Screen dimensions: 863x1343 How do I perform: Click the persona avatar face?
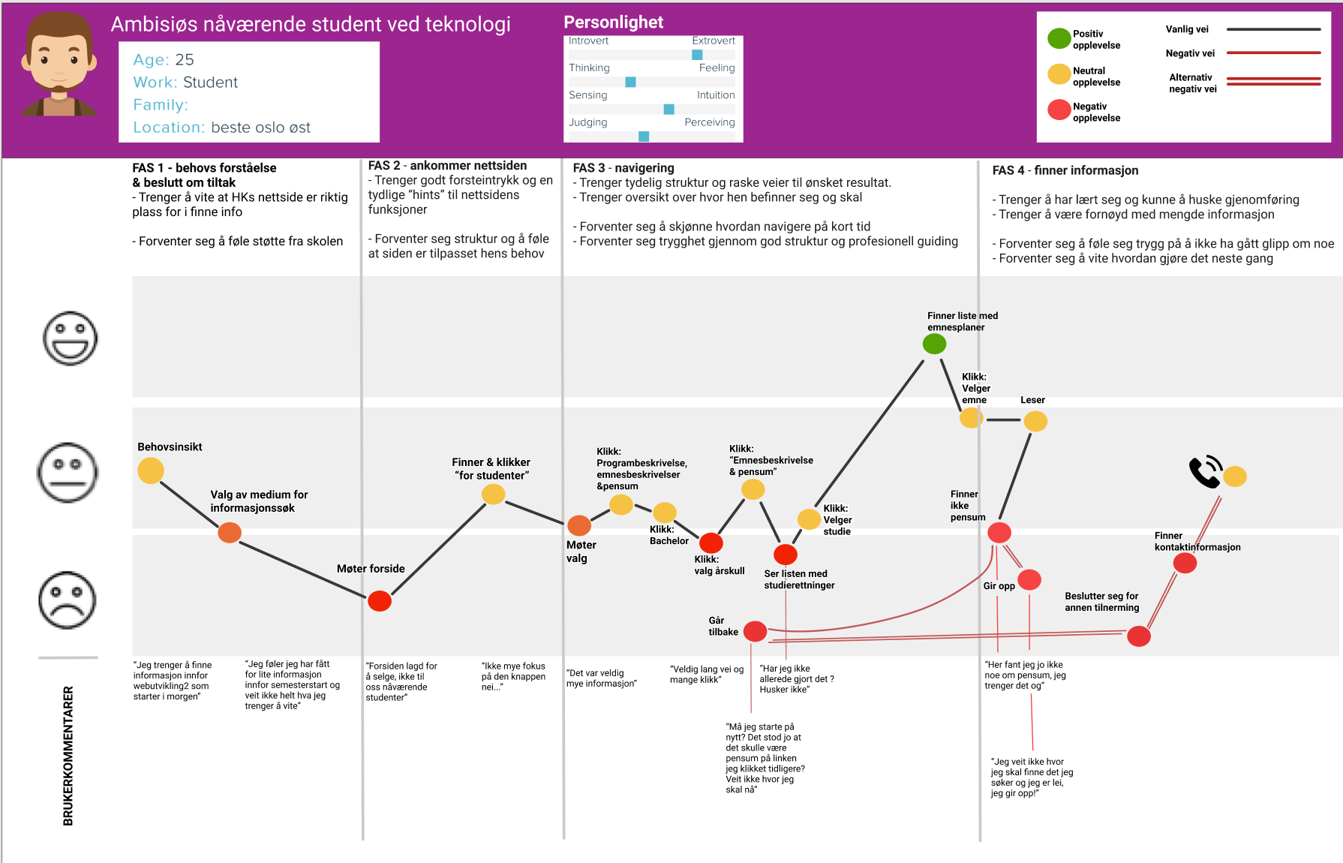point(59,64)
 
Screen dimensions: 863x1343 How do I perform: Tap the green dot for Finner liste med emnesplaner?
point(934,344)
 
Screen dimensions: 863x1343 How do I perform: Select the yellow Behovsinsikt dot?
point(151,471)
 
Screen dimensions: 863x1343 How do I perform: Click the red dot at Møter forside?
point(380,601)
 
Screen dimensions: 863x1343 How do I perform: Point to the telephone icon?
point(1206,472)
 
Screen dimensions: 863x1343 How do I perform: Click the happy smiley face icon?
point(70,338)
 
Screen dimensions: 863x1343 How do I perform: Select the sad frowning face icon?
point(68,600)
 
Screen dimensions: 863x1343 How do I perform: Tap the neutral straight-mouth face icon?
point(68,473)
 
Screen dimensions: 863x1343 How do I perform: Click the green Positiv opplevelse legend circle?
point(1059,38)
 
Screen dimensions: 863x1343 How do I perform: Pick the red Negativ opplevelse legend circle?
point(1059,110)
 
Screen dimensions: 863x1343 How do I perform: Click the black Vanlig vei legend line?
point(1273,29)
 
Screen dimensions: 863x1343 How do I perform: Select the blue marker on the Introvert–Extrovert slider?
point(697,55)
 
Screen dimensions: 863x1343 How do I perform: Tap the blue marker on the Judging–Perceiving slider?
point(644,137)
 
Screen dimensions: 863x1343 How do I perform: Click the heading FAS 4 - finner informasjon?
point(1065,170)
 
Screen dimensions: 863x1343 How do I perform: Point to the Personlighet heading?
point(613,23)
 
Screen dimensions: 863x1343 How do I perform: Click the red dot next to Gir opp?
point(1029,579)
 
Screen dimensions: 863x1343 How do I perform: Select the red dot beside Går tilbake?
point(755,631)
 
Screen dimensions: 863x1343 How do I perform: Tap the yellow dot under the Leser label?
point(1035,421)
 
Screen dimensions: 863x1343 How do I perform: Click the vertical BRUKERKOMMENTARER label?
point(68,756)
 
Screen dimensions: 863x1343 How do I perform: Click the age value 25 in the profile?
point(185,59)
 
